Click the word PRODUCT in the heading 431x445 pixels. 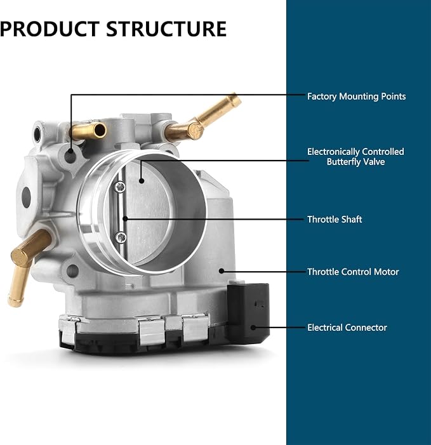click(x=50, y=29)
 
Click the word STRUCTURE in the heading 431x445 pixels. click(x=166, y=29)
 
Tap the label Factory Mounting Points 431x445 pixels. click(x=356, y=96)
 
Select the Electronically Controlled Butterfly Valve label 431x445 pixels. click(x=355, y=157)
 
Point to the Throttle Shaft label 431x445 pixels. click(x=335, y=220)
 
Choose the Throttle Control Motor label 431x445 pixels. click(x=353, y=272)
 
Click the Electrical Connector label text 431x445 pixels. click(x=347, y=328)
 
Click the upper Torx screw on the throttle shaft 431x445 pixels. click(x=120, y=187)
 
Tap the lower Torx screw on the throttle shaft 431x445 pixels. click(x=121, y=237)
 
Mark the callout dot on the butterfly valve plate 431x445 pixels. click(x=142, y=180)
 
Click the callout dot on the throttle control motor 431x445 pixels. click(x=222, y=271)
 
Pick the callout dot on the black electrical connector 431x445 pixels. click(x=253, y=328)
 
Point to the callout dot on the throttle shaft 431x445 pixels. click(x=125, y=219)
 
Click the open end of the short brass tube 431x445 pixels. click(x=100, y=130)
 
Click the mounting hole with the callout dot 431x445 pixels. click(x=70, y=156)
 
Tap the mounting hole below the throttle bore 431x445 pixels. click(x=72, y=271)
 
